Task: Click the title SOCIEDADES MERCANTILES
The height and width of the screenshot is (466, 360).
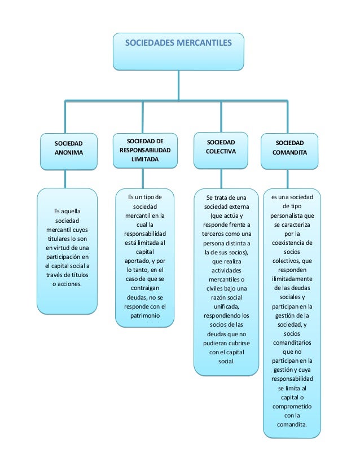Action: [x=178, y=42]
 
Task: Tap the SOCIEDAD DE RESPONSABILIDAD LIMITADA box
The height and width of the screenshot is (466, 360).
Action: [x=145, y=150]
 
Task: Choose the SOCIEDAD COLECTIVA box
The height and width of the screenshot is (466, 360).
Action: [x=221, y=148]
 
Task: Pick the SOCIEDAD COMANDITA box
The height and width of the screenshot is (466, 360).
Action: [x=289, y=148]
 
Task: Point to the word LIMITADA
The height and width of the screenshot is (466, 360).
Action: [x=145, y=160]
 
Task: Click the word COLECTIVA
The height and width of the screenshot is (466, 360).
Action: [x=221, y=152]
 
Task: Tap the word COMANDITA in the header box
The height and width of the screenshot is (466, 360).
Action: [x=289, y=153]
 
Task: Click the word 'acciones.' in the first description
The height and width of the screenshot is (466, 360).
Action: [x=67, y=284]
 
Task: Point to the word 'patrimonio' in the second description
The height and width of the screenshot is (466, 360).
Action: [x=145, y=317]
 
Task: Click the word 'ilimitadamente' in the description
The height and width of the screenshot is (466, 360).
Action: [x=292, y=279]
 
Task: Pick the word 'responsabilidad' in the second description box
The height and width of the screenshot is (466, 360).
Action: [x=145, y=233]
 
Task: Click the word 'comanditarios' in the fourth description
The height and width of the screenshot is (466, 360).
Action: [x=292, y=342]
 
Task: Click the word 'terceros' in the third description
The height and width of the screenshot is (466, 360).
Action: [x=207, y=234]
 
